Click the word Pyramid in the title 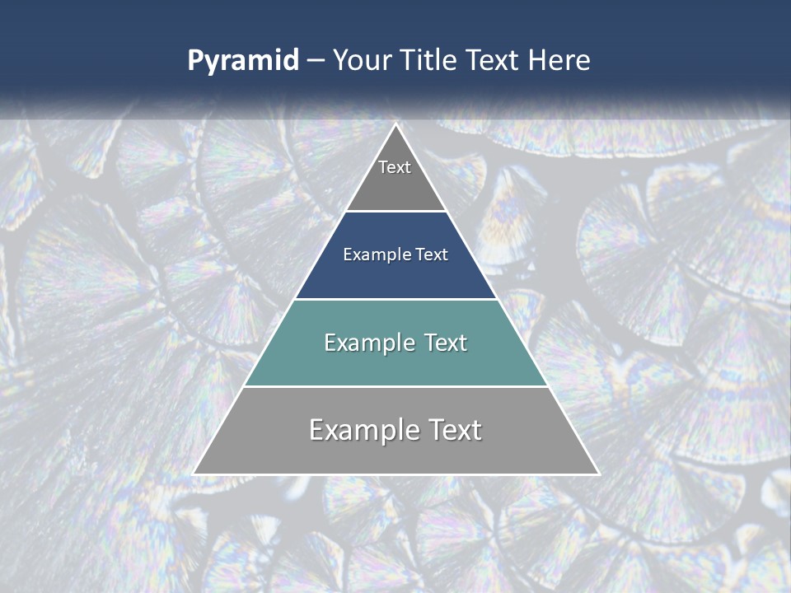(243, 61)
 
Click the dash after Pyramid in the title (316, 61)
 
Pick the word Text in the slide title (493, 60)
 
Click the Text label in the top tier (395, 167)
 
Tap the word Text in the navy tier (433, 254)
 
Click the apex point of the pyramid (395, 125)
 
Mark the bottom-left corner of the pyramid (194, 474)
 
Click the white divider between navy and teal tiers (395, 299)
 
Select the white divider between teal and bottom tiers (395, 386)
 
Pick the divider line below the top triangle (395, 212)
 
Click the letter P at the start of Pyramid (194, 61)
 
